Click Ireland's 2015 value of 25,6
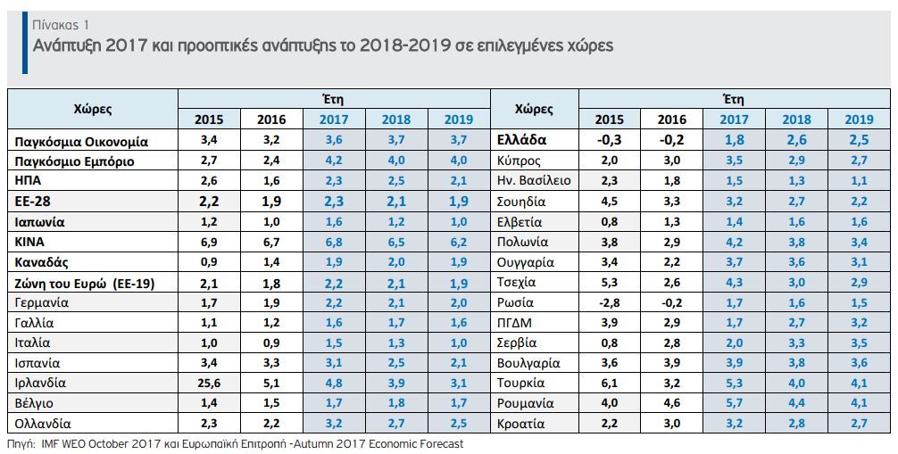pos(209,383)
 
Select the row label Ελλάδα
pos(521,140)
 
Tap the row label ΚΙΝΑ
pos(29,242)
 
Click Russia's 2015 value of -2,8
pos(609,302)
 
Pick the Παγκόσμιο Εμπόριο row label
pos(74,161)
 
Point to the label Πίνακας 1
pos(61,25)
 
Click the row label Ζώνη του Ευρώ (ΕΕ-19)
pos(85,283)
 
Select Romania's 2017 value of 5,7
pos(735,403)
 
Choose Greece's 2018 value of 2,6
pos(796,140)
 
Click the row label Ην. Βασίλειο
pos(535,181)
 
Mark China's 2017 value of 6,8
pos(333,242)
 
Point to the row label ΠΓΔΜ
pos(515,323)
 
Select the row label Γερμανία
pos(42,303)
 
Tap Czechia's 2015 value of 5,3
pos(610,282)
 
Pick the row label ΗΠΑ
pos(28,181)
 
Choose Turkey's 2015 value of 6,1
pos(610,383)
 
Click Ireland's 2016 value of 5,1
pos(271,383)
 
